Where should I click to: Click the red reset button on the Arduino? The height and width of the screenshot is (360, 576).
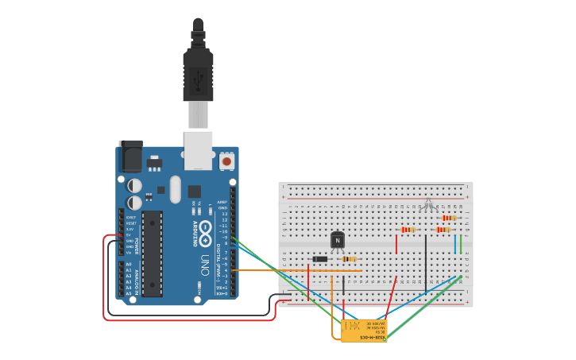pyautogui.click(x=226, y=161)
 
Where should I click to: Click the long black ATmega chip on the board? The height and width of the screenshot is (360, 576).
pyautogui.click(x=152, y=254)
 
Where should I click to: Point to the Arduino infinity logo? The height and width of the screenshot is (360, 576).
pyautogui.click(x=205, y=235)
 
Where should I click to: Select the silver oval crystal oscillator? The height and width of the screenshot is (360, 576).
pyautogui.click(x=175, y=189)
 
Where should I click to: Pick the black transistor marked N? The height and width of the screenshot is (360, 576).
pyautogui.click(x=338, y=239)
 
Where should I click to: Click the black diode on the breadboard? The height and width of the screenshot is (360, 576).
pyautogui.click(x=320, y=259)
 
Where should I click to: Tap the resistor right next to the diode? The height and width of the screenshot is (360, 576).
pyautogui.click(x=348, y=259)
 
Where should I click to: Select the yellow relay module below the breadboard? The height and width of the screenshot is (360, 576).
pyautogui.click(x=364, y=330)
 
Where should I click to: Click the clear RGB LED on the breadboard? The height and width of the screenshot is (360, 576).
pyautogui.click(x=428, y=205)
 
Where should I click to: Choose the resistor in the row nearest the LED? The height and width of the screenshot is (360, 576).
pyautogui.click(x=449, y=218)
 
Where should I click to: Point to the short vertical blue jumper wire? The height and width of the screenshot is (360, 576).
pyautogui.click(x=455, y=243)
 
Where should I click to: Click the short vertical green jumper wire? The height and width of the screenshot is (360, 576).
pyautogui.click(x=462, y=243)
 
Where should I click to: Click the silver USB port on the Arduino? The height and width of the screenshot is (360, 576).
pyautogui.click(x=198, y=150)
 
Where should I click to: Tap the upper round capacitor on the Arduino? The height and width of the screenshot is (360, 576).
pyautogui.click(x=135, y=185)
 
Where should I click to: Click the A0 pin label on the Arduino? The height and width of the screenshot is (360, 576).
pyautogui.click(x=129, y=263)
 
